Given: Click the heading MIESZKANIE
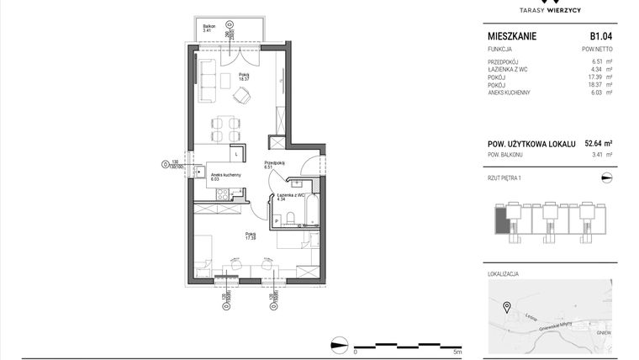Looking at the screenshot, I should pyautogui.click(x=512, y=37).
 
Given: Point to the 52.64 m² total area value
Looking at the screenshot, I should pyautogui.click(x=598, y=144).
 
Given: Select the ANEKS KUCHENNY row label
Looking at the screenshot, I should pyautogui.click(x=509, y=93).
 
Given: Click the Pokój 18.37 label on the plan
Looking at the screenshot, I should pyautogui.click(x=244, y=77).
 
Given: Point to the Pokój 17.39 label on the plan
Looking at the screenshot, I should pyautogui.click(x=251, y=236).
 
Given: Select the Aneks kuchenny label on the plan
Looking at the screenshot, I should pyautogui.click(x=226, y=176).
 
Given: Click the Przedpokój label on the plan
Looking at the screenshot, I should pyautogui.click(x=275, y=164).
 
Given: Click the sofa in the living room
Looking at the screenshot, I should pyautogui.click(x=208, y=80).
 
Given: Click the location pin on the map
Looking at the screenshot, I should pyautogui.click(x=506, y=307).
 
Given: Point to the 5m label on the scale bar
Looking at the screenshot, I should pyautogui.click(x=457, y=352).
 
